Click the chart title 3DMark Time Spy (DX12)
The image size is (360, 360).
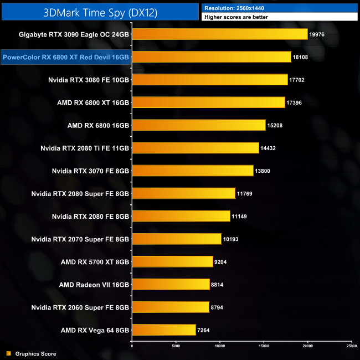tap(99, 11)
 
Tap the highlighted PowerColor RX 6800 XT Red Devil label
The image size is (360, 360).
tap(66, 57)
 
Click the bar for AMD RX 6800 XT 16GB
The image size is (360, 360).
tap(208, 102)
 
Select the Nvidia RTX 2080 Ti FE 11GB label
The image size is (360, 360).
tap(85, 148)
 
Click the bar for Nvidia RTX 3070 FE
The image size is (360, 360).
tap(193, 171)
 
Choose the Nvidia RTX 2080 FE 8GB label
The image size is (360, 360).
tap(90, 216)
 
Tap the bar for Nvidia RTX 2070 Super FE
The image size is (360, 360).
tap(177, 239)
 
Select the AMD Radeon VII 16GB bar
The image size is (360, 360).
tap(171, 284)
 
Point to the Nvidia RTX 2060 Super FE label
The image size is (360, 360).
tap(80, 307)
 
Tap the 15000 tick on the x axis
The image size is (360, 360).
tap(264, 346)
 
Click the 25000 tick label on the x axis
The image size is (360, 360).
tap(351, 346)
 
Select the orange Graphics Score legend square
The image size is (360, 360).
tap(8, 353)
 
